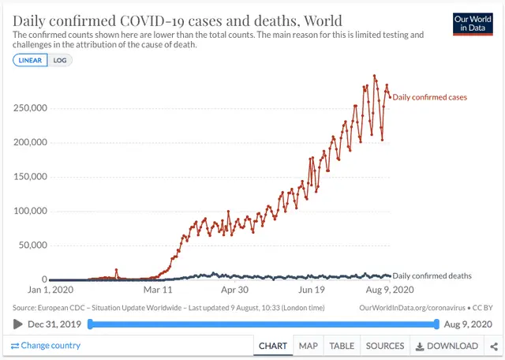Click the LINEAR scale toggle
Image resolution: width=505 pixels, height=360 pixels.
point(30,60)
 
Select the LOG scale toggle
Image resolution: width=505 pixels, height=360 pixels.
point(60,60)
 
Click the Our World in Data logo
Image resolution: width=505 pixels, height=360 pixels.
point(473,24)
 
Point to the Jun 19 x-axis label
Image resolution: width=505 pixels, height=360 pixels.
point(318,289)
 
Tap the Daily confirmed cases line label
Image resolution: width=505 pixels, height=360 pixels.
point(429,97)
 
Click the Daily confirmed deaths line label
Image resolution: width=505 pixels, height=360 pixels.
point(432,276)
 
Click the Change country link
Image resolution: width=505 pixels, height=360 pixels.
point(46,346)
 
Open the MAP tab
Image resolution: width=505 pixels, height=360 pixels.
point(308,346)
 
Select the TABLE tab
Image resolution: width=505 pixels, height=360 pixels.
point(342,346)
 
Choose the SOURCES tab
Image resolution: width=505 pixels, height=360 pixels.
point(385,346)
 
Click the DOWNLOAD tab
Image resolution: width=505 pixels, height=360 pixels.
point(447,346)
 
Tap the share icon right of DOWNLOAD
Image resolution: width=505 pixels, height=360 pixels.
point(494,346)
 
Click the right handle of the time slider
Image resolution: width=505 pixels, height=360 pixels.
point(436,324)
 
